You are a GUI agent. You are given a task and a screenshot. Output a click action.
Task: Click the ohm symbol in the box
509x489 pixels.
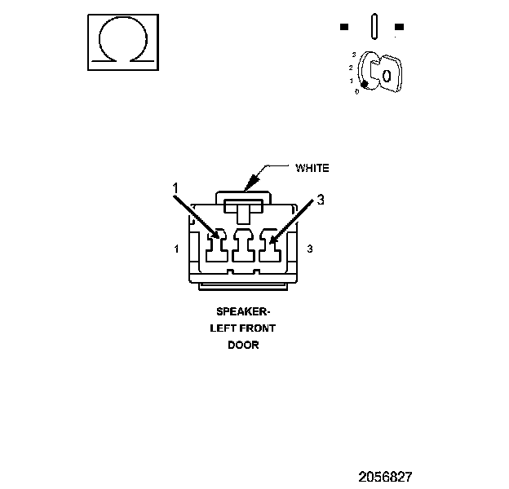122,42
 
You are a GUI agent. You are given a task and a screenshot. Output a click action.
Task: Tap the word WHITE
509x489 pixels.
312,169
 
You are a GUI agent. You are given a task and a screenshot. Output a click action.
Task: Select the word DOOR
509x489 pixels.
243,345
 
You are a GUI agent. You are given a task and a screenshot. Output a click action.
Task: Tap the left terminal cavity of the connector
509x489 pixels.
216,248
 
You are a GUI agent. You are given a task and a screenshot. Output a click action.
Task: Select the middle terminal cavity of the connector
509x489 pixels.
242,248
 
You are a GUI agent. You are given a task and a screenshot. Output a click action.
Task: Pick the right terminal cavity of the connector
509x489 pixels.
268,248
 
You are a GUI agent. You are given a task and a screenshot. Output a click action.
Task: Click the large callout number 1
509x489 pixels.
175,188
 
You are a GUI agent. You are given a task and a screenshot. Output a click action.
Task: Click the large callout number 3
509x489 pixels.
321,199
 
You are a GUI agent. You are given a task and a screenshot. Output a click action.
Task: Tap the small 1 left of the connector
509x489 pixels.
177,249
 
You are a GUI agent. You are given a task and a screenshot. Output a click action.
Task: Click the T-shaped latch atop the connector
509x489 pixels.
242,209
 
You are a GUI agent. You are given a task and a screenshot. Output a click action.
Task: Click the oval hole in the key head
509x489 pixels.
387,76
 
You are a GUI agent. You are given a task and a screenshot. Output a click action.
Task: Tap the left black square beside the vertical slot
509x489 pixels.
344,27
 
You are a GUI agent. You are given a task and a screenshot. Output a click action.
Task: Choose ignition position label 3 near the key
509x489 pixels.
354,55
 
